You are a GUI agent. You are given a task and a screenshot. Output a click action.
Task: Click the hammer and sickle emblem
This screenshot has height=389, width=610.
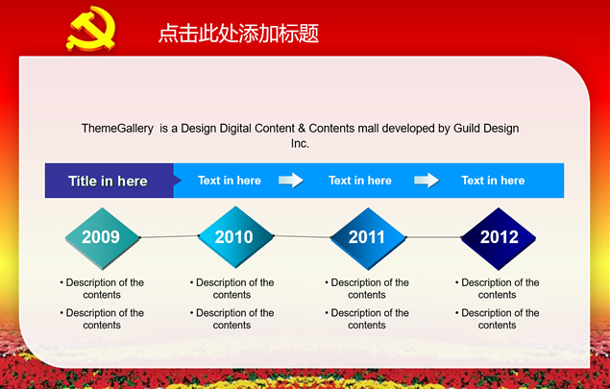(92, 29)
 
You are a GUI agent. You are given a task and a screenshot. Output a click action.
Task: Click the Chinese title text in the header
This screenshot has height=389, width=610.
(238, 33)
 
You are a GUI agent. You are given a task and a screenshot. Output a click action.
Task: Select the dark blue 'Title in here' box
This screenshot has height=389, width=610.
(110, 181)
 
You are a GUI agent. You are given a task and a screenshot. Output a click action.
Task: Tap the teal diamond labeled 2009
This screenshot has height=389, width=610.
(102, 238)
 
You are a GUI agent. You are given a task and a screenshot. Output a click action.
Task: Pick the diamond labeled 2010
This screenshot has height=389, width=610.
(235, 237)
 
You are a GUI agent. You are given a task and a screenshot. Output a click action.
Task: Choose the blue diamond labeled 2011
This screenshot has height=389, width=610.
(368, 238)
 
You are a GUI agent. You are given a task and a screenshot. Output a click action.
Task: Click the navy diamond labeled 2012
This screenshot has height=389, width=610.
(499, 238)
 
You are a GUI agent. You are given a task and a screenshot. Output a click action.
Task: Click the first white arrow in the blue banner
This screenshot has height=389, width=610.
(291, 181)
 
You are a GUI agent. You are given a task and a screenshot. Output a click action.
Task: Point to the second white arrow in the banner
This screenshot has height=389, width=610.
(427, 181)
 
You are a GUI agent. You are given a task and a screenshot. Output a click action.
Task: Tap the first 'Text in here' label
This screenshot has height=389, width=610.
(230, 181)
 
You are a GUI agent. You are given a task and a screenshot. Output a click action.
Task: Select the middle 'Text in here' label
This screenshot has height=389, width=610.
(360, 181)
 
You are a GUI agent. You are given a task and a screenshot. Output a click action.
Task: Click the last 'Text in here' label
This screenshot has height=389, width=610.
(493, 181)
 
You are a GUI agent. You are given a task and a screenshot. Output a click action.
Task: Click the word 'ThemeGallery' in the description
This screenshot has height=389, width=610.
(117, 129)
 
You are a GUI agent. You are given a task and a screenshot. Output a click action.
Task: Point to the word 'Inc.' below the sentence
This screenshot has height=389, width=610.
(300, 143)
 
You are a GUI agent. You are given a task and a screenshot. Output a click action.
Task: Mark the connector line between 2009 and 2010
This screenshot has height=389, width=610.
(169, 236)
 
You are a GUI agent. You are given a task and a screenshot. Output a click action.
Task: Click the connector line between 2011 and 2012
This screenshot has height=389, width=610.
(434, 237)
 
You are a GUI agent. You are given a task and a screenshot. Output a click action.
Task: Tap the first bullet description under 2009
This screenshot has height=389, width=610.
(102, 288)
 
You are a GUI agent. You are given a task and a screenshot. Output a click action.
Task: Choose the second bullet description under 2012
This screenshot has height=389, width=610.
(498, 319)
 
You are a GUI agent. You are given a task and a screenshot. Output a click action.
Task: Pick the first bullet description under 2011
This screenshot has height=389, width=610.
(367, 288)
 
